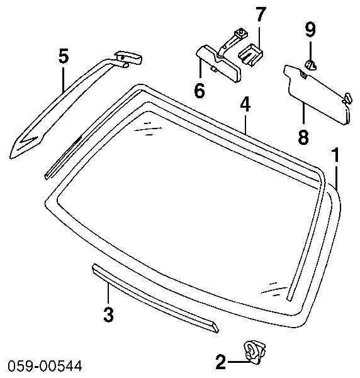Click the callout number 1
pos(335,155)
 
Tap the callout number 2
pos(220,362)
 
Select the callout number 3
pos(109,314)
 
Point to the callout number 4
pos(245,105)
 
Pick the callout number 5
pos(64,57)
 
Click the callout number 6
pos(200,90)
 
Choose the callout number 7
pos(259,14)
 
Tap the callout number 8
pos(303,137)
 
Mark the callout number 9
pos(310,30)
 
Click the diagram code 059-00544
pos(45,366)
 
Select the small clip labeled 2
pos(255,352)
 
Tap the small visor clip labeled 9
pos(311,65)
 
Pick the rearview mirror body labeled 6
pos(218,64)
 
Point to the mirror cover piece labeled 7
pos(250,55)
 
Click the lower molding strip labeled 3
pos(155,298)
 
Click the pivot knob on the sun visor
pos(348,98)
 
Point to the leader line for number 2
pos(239,362)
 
